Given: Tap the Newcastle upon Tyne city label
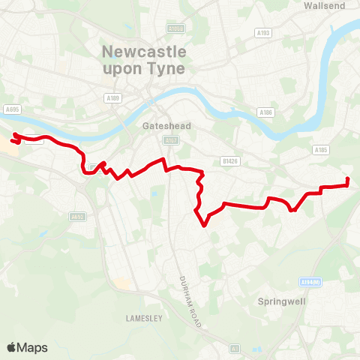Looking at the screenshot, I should pos(142,61).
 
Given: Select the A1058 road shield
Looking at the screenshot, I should pos(175,28).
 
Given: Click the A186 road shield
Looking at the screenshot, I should pos(265,112).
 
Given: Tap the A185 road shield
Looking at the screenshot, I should pos(321,150).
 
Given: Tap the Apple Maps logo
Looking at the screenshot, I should pos(27,347).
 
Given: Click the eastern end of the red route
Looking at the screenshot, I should pos(348,178).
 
